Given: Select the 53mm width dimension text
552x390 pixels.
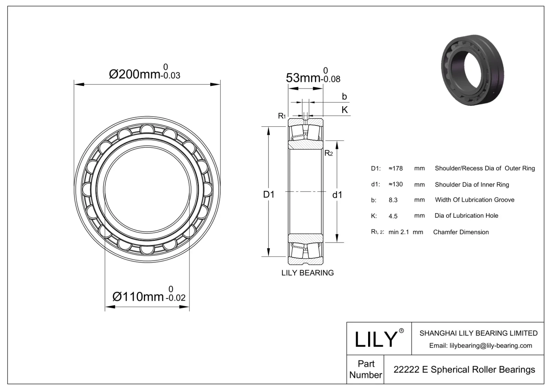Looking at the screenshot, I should (x=303, y=78).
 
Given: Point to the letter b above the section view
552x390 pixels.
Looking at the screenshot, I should (x=344, y=97).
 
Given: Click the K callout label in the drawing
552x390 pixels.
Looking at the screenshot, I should (x=344, y=110).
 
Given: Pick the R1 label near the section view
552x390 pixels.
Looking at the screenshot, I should (x=282, y=116).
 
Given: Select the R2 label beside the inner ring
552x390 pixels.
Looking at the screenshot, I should (x=328, y=153).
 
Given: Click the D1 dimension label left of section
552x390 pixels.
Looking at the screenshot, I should (x=269, y=195).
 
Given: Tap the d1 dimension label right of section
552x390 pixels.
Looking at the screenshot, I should (x=337, y=195).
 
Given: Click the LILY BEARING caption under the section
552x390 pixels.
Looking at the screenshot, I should (x=307, y=273).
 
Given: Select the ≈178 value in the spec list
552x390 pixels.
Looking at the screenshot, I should (x=396, y=168).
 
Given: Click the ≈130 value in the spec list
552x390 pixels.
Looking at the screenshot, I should (x=396, y=184).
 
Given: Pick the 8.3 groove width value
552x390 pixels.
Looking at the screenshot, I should (x=393, y=200).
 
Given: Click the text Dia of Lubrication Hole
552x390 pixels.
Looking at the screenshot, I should (x=466, y=216).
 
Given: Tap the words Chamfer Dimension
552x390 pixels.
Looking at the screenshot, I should (x=461, y=232).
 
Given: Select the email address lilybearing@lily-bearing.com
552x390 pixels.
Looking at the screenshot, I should (x=480, y=346).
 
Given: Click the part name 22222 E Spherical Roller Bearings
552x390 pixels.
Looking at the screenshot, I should (x=464, y=370).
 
